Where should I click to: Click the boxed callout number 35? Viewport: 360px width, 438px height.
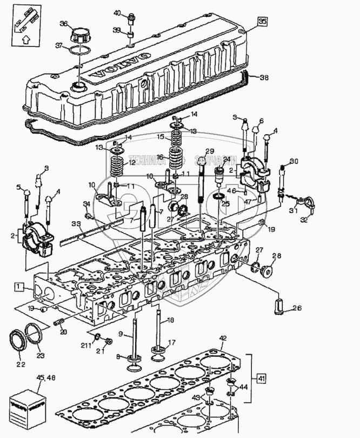pyautogui.click(x=262, y=22)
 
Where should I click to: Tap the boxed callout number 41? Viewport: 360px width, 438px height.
pyautogui.click(x=261, y=378)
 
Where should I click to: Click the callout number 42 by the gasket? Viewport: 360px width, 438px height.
pyautogui.click(x=222, y=339)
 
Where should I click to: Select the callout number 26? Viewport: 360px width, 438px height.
pyautogui.click(x=297, y=309)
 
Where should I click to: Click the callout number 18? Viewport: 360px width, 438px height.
pyautogui.click(x=171, y=321)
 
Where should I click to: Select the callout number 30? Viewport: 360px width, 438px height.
pyautogui.click(x=294, y=161)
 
